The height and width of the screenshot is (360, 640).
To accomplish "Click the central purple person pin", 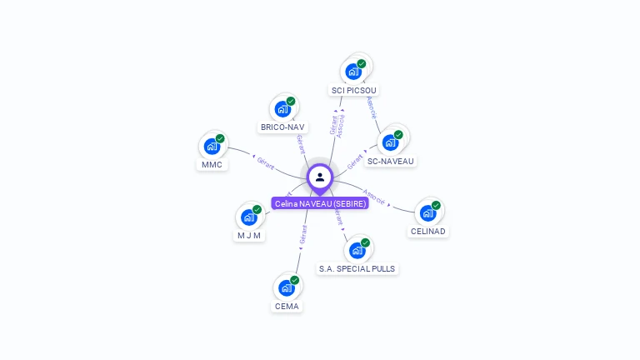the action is point(320,177).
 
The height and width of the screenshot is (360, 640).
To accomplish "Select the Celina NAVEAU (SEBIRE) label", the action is point(320,203).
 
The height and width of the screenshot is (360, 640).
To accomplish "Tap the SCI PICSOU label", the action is point(355,90).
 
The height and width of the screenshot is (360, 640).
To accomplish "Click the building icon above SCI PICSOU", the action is point(353,71).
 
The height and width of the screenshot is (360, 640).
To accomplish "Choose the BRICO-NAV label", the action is point(282,127).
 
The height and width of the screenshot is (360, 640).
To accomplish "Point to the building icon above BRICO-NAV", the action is point(283,108).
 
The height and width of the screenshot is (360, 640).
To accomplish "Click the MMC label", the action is point(212,164).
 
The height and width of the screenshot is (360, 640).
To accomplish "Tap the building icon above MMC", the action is point(212,146).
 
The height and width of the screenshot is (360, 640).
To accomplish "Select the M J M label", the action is point(249,235).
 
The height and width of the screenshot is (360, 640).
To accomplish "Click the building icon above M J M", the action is point(249,217).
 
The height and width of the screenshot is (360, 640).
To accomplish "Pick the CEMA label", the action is point(287,306).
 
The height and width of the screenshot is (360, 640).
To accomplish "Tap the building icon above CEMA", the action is point(287,287).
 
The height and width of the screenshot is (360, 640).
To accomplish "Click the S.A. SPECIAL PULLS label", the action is point(357,268).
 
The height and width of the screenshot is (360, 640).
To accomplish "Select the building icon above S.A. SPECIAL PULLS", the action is point(357,250).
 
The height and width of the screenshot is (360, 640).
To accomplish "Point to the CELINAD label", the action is point(428,231).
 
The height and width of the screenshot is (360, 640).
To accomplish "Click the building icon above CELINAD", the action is point(428,212).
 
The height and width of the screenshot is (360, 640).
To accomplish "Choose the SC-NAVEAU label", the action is point(391,161).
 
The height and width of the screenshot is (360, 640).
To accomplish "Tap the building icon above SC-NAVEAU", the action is point(391,142).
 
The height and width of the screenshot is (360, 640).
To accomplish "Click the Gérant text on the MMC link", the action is point(266,162).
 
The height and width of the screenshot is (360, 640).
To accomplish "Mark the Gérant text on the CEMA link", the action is point(303,234).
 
